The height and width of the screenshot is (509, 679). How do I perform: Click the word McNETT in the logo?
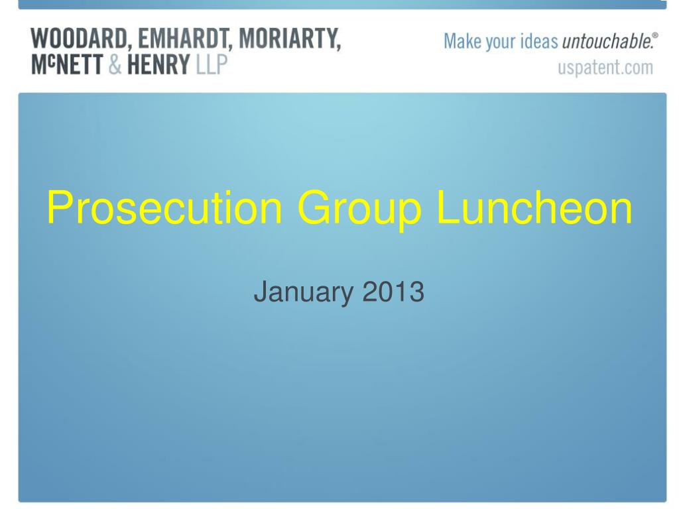[67, 64]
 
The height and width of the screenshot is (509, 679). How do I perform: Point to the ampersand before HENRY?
[115, 64]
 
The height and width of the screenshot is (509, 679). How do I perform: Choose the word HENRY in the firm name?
[158, 64]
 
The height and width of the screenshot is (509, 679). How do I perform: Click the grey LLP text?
[212, 64]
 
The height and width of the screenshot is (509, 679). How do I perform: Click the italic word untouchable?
[607, 42]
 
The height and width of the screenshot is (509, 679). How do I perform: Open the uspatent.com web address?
[605, 68]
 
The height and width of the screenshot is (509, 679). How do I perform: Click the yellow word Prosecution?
[164, 208]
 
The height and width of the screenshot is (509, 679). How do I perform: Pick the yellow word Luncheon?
[534, 207]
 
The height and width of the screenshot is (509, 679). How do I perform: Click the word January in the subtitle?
[303, 292]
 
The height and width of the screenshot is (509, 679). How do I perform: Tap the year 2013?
[393, 292]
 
